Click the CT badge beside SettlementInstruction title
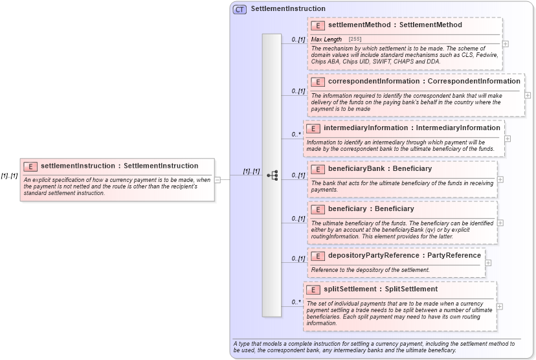[x=240, y=9]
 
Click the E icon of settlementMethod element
[x=318, y=25]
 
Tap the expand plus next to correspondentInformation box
[x=528, y=95]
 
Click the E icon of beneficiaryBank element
[x=318, y=169]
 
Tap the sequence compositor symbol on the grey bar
[x=273, y=175]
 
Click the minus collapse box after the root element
[x=218, y=179]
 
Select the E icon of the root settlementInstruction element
[x=30, y=166]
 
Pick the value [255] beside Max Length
[x=355, y=39]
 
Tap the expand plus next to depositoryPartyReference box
[x=488, y=263]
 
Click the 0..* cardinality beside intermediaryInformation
[x=296, y=135]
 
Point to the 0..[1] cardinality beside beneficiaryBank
[x=298, y=175]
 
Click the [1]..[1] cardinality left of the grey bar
[x=251, y=172]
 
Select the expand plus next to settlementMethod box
[x=505, y=43]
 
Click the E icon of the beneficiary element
[x=318, y=209]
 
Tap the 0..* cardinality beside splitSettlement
[x=296, y=302]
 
